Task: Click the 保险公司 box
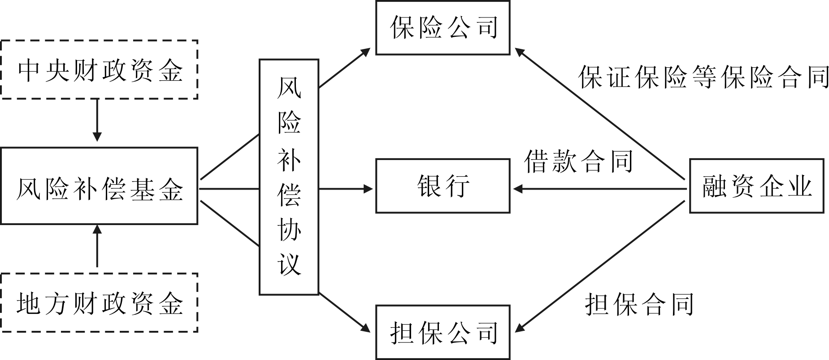(x=443, y=28)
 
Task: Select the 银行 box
(x=443, y=186)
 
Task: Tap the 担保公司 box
(x=443, y=332)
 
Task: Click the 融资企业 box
(x=756, y=186)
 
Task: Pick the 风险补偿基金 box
(x=99, y=186)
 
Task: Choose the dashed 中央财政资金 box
(x=99, y=69)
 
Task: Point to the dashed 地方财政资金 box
(x=99, y=303)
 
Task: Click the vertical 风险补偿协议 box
(x=289, y=177)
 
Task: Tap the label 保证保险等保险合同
(x=703, y=77)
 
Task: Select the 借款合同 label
(x=578, y=161)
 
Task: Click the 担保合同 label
(x=639, y=304)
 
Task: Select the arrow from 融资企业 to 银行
(x=601, y=189)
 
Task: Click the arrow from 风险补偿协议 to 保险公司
(x=344, y=67)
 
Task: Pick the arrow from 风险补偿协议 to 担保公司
(x=344, y=312)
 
